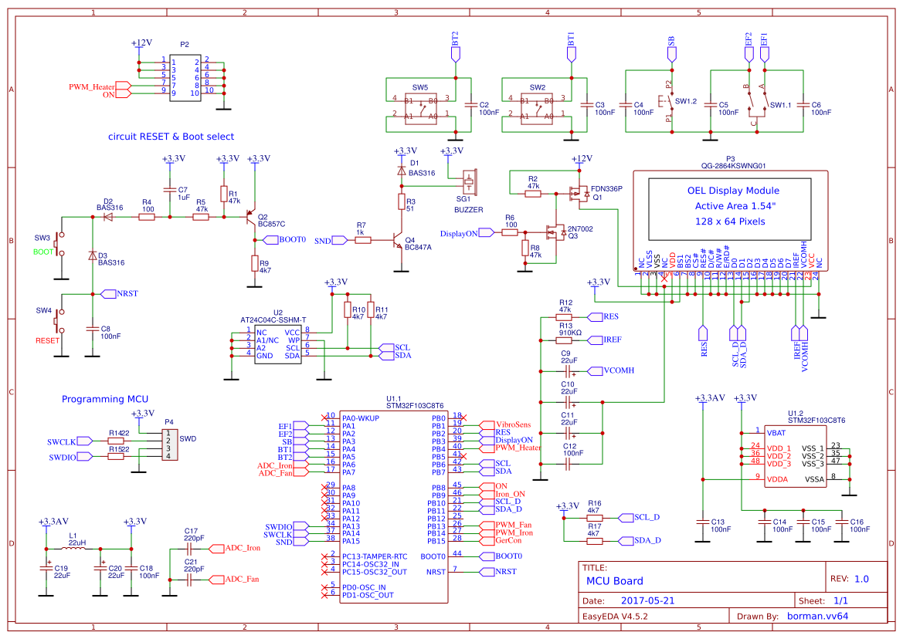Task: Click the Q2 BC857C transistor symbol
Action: [x=250, y=218]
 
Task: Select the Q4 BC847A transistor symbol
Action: [x=396, y=241]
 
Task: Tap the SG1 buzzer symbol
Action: [x=469, y=183]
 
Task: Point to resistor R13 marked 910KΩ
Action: [x=564, y=340]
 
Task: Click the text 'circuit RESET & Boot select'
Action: [x=171, y=137]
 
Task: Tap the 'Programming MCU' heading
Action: [x=104, y=399]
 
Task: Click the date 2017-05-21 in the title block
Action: [x=647, y=600]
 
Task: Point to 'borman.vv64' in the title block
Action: [x=817, y=616]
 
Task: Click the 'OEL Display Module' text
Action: [x=733, y=191]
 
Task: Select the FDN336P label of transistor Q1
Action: [x=606, y=188]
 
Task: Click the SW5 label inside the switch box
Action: [x=420, y=87]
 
